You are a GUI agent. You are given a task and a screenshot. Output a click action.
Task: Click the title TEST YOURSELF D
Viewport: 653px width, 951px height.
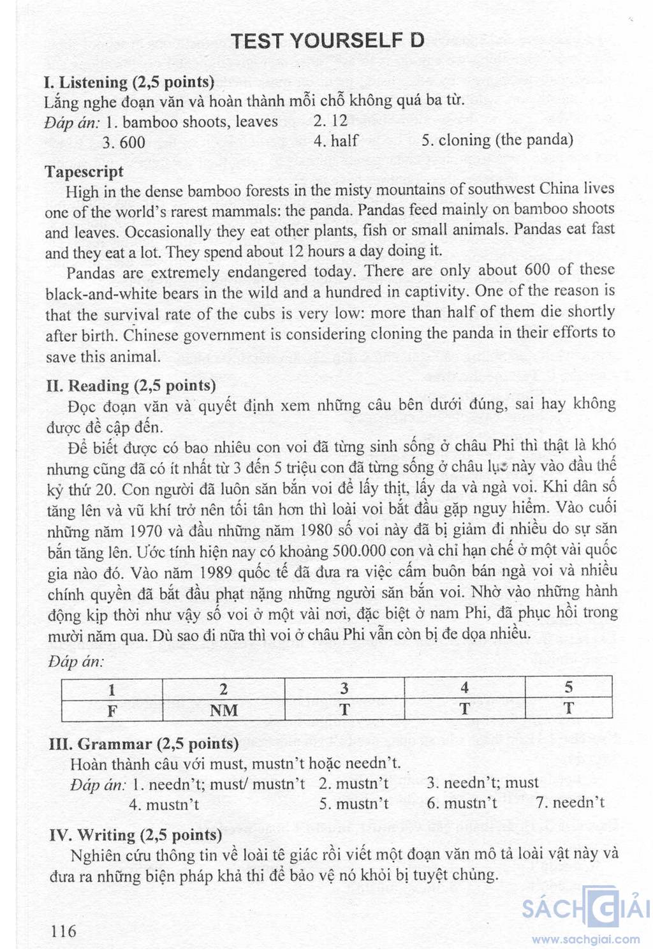327,41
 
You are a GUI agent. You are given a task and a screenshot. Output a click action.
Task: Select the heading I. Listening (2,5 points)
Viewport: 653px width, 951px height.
129,82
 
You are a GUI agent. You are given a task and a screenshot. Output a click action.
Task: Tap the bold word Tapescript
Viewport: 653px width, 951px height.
84,172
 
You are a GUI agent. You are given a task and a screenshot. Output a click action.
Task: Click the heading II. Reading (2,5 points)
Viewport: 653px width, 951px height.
131,386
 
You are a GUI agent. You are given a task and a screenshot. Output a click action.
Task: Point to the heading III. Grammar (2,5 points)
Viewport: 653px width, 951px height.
143,744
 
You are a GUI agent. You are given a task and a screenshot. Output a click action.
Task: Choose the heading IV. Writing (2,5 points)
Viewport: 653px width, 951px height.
135,835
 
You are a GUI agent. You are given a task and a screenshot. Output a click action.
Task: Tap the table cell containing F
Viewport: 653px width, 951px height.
112,710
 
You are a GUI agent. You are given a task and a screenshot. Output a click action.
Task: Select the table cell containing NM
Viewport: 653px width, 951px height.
223,710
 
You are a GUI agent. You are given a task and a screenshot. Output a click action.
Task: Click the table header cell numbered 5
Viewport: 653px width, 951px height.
568,688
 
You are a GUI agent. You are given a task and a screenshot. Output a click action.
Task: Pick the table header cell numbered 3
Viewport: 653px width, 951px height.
344,688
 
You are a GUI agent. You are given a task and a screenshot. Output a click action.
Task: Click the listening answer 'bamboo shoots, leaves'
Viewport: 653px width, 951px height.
200,122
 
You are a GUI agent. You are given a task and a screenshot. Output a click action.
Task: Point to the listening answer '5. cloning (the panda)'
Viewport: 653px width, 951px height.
497,140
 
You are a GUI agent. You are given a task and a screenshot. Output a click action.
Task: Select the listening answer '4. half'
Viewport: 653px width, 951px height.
335,141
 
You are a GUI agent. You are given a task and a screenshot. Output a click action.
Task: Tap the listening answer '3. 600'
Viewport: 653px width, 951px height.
124,142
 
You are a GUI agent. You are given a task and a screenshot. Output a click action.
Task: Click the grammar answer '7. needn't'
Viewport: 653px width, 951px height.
570,802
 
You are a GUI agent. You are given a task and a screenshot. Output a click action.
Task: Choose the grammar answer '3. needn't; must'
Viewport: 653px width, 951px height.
483,783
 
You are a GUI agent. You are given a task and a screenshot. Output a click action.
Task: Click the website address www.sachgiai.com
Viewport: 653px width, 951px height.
585,939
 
